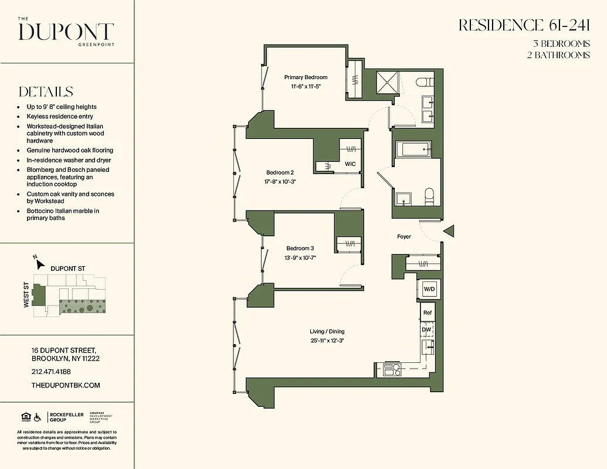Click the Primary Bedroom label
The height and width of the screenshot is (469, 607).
click(306, 77)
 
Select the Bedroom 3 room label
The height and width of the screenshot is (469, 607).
click(300, 249)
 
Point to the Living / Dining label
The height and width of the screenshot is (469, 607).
click(327, 332)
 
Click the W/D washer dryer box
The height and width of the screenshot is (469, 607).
click(429, 290)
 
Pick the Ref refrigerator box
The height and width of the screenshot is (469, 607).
click(428, 313)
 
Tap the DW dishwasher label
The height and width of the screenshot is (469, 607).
click(427, 330)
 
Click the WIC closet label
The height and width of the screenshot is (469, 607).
click(350, 164)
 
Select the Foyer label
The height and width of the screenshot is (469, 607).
click(404, 237)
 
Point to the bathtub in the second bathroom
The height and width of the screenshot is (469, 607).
click(413, 149)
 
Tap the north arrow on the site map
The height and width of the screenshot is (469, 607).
click(36, 259)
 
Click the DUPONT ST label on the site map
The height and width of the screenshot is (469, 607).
click(68, 269)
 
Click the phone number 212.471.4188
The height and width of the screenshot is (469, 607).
click(51, 372)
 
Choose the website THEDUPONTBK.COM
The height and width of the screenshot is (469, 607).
click(66, 385)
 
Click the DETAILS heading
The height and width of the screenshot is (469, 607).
click(46, 92)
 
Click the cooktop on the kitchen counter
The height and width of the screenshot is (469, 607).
click(391, 369)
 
